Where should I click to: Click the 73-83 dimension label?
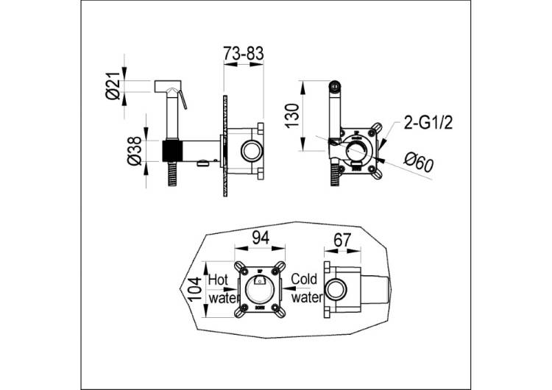(244, 54)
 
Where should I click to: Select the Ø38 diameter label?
(134, 152)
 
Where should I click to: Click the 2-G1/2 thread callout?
(428, 124)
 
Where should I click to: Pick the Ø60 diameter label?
(419, 163)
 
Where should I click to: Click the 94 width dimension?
(261, 238)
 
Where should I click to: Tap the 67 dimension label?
(342, 240)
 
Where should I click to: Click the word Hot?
(219, 280)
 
